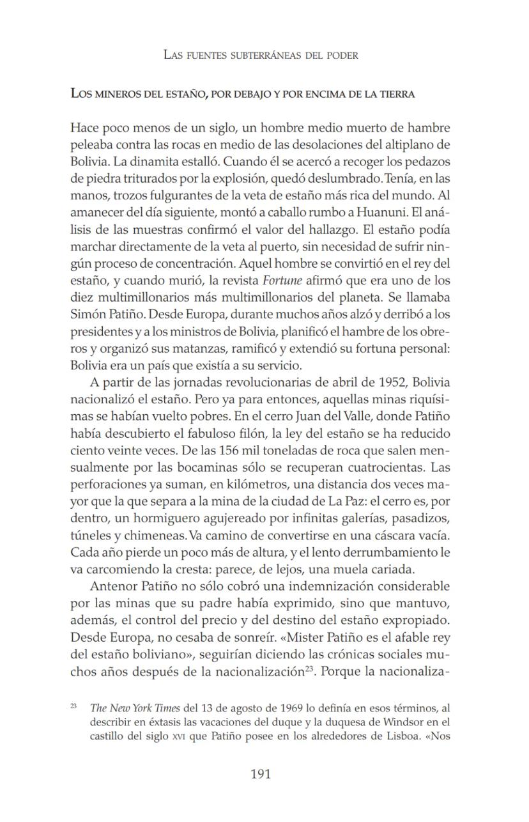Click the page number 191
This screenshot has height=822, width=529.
(261, 774)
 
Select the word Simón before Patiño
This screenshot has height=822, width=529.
(88, 314)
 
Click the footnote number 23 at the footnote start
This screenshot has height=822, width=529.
(73, 706)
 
